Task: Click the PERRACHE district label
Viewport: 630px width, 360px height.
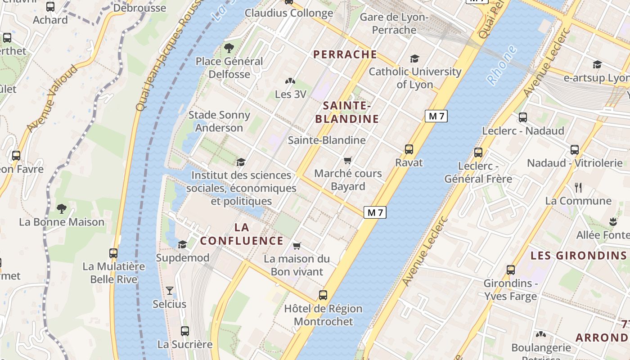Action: coord(345,54)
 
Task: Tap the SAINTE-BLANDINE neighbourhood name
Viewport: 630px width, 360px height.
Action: coord(346,112)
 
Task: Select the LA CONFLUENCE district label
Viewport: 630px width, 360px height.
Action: coord(242,234)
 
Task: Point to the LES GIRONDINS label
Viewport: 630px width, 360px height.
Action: coord(578,256)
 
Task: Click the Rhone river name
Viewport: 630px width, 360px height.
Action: coord(502,65)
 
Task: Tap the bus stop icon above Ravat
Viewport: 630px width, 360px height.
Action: coord(409,149)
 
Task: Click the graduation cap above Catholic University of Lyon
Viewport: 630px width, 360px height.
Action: coord(414,59)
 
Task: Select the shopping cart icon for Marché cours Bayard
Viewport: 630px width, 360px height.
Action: coord(347,161)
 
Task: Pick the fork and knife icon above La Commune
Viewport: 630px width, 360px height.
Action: coord(578,187)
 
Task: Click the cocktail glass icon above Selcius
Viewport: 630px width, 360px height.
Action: coord(170,291)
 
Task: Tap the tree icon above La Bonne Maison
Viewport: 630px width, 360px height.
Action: coord(62,208)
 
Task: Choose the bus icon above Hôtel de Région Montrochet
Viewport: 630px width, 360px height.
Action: coord(323,295)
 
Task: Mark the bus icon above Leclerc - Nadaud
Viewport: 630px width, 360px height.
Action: coord(523,117)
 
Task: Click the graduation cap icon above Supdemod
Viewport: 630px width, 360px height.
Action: coord(182,244)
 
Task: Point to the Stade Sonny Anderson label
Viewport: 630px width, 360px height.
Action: coord(219,121)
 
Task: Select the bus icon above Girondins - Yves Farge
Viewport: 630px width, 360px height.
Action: coord(511,270)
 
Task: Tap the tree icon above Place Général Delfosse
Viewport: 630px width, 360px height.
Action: coord(229,48)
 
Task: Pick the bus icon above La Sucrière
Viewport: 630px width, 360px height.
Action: coord(185,331)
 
